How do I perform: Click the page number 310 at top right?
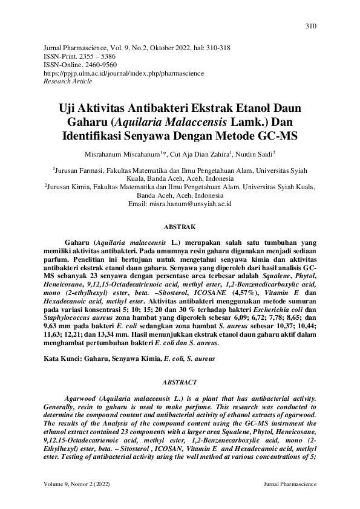pyautogui.click(x=311, y=26)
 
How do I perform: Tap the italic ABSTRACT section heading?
pyautogui.click(x=180, y=383)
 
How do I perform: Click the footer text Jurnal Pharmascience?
pyautogui.click(x=290, y=485)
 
